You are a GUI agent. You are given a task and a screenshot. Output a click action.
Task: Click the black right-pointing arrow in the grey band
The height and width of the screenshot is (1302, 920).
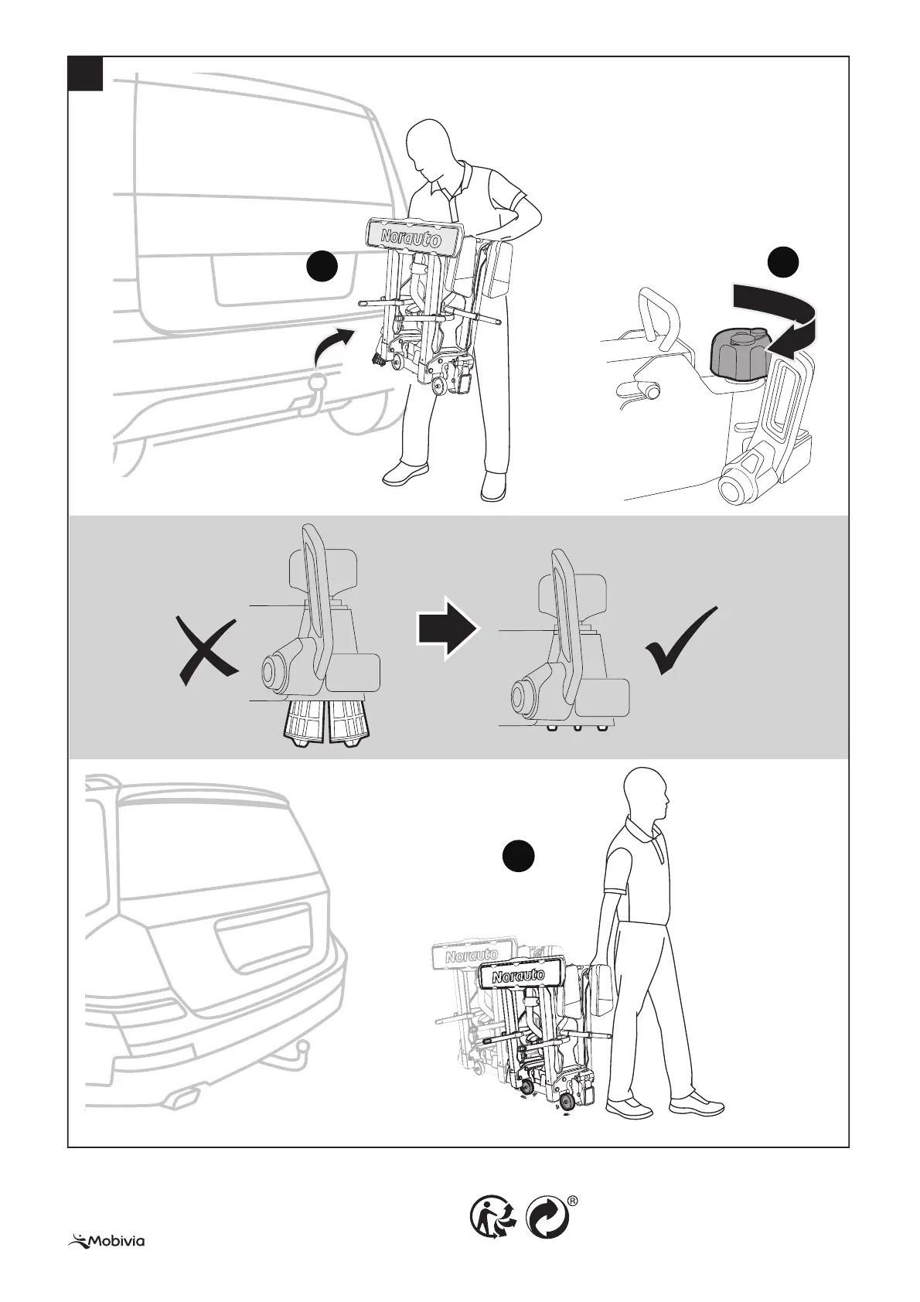448,631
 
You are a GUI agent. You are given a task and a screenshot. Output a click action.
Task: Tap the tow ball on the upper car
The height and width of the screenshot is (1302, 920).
317,383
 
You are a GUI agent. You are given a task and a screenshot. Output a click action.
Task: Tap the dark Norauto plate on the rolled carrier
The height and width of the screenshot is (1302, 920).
519,976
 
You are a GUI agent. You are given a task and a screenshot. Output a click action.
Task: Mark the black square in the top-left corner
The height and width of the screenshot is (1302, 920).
86,73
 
